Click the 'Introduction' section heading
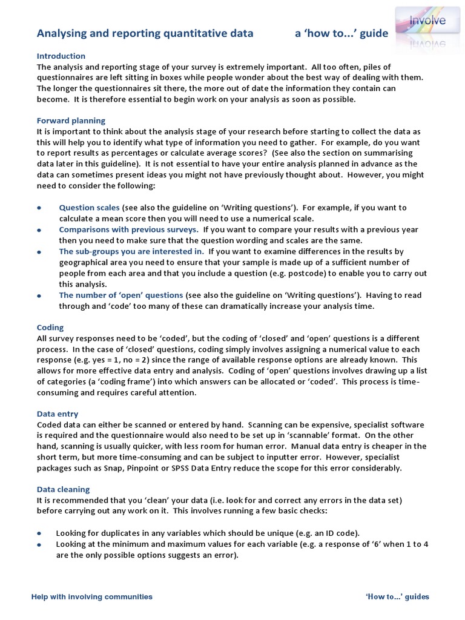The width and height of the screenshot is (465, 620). pyautogui.click(x=62, y=56)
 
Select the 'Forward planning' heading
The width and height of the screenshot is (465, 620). pyautogui.click(x=71, y=120)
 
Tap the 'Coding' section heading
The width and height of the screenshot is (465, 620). pyautogui.click(x=50, y=328)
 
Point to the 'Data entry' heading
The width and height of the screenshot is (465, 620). pyautogui.click(x=58, y=414)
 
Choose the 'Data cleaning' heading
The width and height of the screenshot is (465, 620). pyautogui.click(x=63, y=489)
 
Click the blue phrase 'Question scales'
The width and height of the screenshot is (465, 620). pyautogui.click(x=89, y=208)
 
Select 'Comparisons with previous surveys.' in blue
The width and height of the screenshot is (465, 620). pyautogui.click(x=128, y=229)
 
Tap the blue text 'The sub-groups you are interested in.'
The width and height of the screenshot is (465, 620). pyautogui.click(x=131, y=251)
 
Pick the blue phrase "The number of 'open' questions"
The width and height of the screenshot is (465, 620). pyautogui.click(x=120, y=295)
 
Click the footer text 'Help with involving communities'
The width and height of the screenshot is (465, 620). pyautogui.click(x=92, y=596)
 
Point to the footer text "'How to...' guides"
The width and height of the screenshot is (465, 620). pyautogui.click(x=397, y=596)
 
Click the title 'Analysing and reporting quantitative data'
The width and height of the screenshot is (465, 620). pyautogui.click(x=145, y=34)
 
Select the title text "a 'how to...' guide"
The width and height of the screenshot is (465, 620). pyautogui.click(x=341, y=34)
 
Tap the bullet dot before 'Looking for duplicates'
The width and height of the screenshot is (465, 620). pyautogui.click(x=39, y=533)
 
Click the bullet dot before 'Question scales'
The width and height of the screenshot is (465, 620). pyautogui.click(x=39, y=208)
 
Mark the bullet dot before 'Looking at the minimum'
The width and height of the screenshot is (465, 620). pyautogui.click(x=39, y=544)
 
